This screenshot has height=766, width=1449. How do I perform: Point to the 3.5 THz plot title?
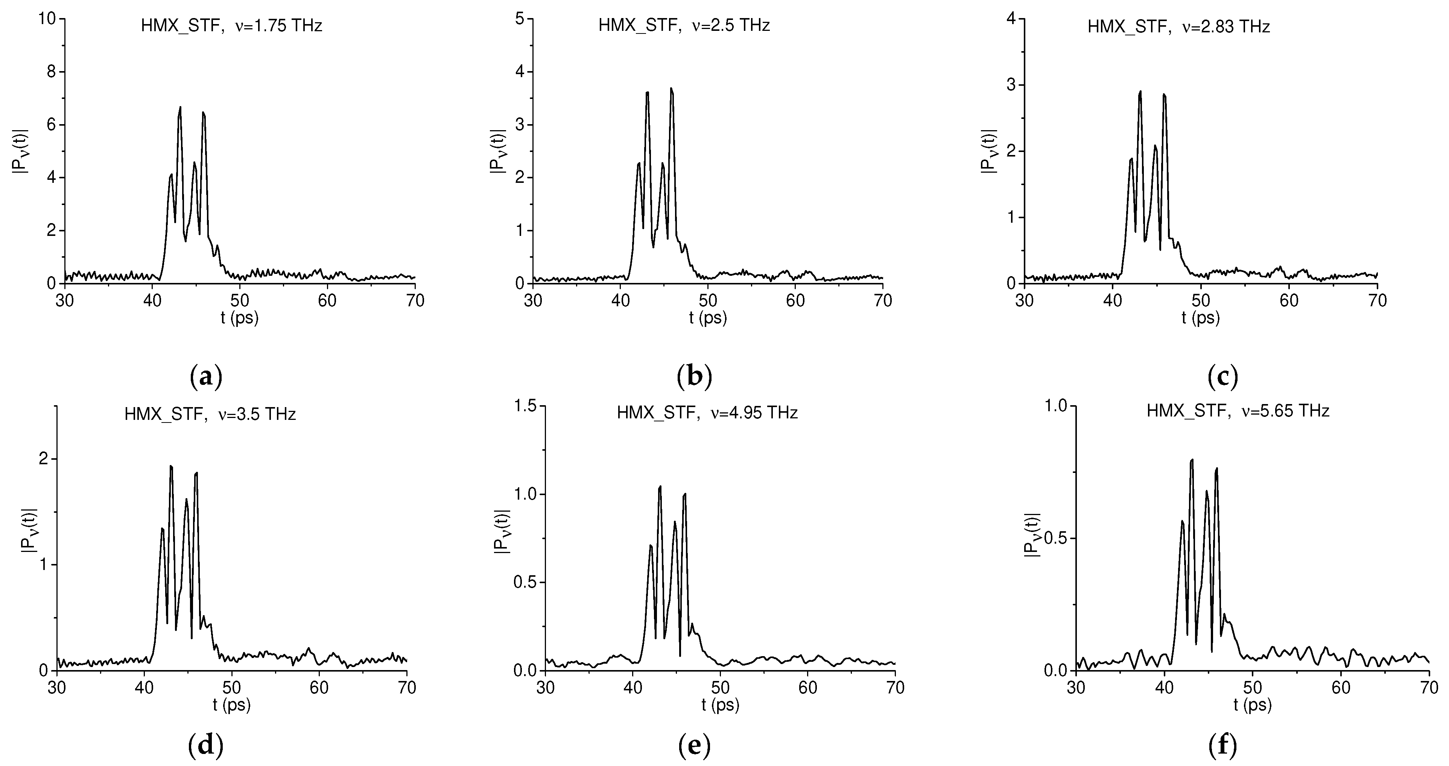tap(210, 414)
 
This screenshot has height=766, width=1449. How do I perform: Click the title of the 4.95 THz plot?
tap(707, 413)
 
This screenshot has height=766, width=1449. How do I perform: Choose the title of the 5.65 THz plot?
tap(1238, 411)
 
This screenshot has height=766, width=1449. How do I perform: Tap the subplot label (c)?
tap(1223, 377)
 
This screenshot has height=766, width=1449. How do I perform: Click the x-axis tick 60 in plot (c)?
tap(1289, 301)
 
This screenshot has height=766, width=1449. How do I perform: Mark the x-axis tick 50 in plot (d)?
tap(232, 687)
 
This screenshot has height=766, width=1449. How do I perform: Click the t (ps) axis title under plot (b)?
tap(708, 318)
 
